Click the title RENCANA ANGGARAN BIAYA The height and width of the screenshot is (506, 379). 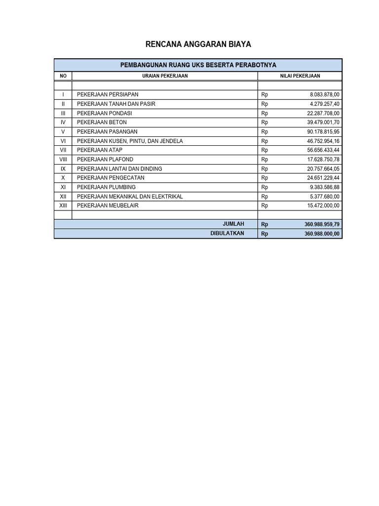point(198,44)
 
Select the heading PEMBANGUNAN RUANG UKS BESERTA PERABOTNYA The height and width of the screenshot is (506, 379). point(198,65)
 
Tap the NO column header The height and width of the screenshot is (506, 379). point(63,76)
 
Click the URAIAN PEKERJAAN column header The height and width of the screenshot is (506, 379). point(165,76)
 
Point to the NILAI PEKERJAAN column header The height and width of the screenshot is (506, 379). point(300,76)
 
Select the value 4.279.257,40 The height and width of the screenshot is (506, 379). point(325,104)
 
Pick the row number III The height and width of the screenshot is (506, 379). point(63,113)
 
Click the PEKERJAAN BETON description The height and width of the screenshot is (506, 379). point(102,122)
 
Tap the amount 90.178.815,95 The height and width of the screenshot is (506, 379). point(323,131)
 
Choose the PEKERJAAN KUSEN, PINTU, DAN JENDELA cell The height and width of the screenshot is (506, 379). point(130,141)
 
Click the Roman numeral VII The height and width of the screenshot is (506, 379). point(63,150)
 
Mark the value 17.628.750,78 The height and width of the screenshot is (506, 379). point(323,159)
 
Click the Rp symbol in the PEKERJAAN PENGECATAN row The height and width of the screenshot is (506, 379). point(265,178)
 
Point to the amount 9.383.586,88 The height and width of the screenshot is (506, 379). point(325,187)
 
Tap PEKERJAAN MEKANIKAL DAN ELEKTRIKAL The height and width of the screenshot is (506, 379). point(130,196)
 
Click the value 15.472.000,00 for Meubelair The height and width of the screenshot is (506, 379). point(323,206)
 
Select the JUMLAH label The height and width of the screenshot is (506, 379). point(233,224)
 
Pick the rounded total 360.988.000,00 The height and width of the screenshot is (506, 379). point(322,234)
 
